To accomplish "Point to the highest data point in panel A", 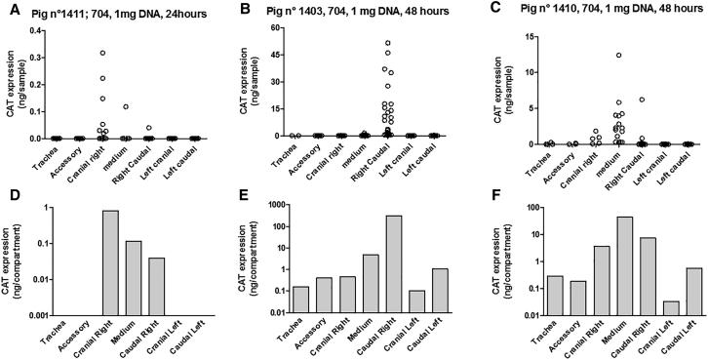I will [x=102, y=53].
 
